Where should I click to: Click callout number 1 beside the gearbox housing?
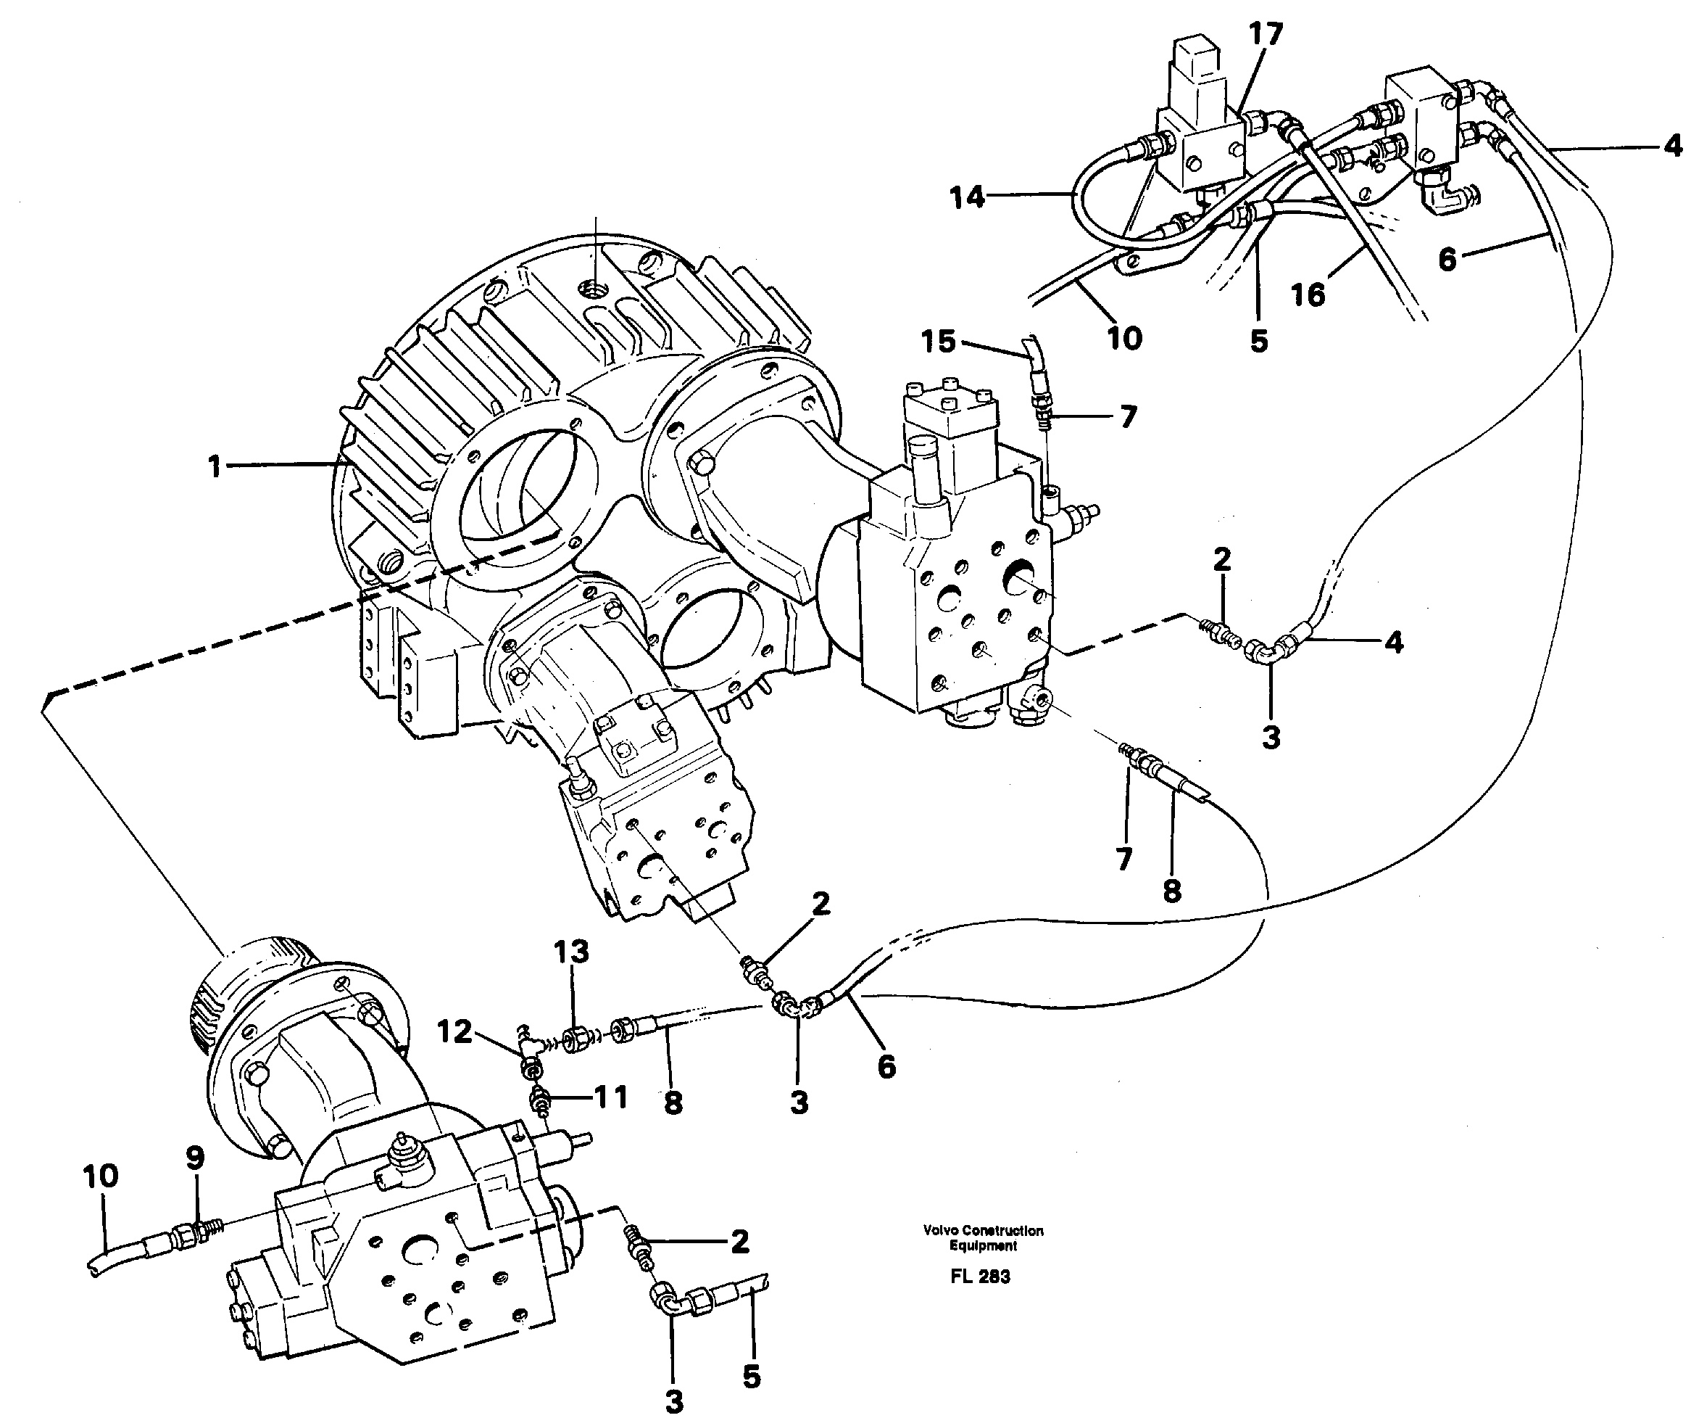pos(215,466)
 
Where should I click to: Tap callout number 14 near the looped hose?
pos(966,197)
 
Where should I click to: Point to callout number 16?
pos(1308,295)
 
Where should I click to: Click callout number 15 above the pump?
pos(938,342)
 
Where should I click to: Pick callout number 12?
pos(454,1031)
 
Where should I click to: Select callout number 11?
pos(611,1097)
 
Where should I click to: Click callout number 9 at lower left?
pos(195,1158)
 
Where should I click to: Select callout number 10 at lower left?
pos(101,1176)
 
